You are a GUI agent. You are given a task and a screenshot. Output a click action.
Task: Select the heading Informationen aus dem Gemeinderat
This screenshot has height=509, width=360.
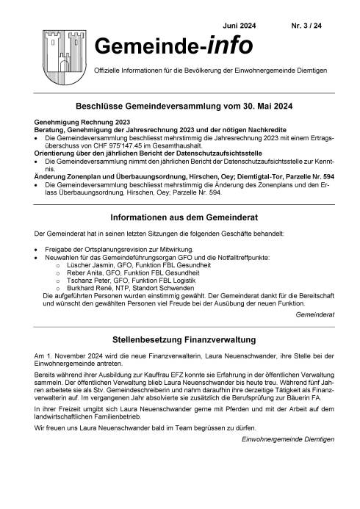180,197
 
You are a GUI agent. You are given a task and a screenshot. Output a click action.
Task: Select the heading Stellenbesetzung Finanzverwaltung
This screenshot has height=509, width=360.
180,320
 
